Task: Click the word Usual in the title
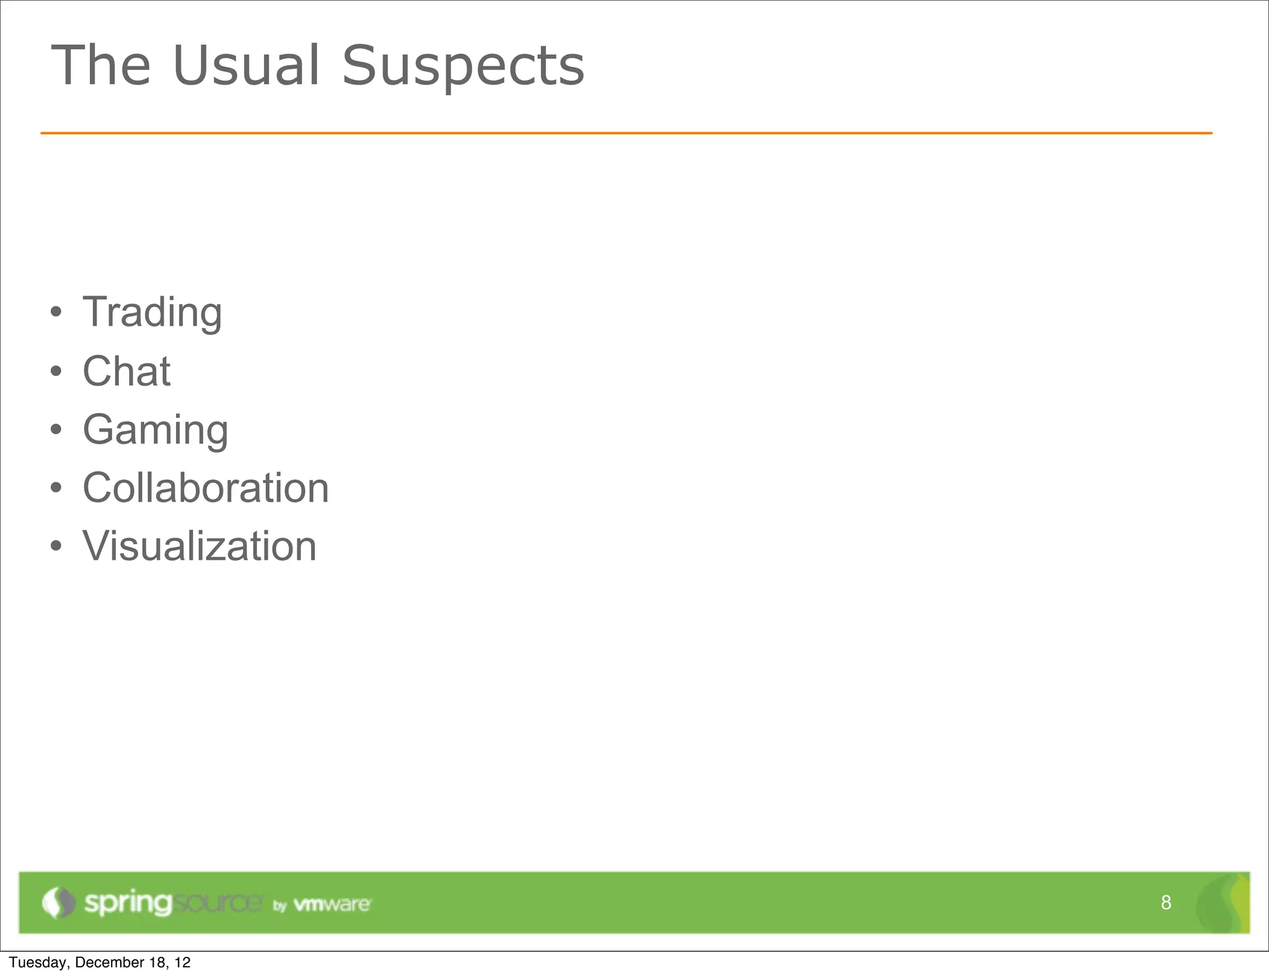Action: pos(247,66)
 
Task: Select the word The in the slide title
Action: pos(101,66)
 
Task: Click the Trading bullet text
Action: pos(152,313)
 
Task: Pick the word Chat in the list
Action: pos(126,372)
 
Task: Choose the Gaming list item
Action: pos(156,430)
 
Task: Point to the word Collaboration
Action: pos(206,488)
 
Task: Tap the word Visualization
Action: pos(200,546)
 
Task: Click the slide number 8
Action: pos(1166,903)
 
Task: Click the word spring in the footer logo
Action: pos(128,904)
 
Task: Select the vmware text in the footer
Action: pos(332,905)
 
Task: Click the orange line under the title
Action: pos(626,133)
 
